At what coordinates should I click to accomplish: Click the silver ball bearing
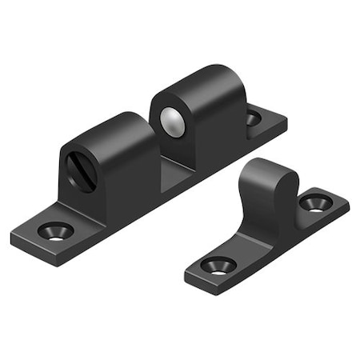[x=172, y=122]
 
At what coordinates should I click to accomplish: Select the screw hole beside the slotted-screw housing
[x=55, y=231]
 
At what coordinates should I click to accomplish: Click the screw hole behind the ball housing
[x=253, y=118]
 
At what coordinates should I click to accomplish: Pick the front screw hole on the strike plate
[x=218, y=265]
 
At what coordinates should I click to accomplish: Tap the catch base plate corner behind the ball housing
[x=284, y=122]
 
